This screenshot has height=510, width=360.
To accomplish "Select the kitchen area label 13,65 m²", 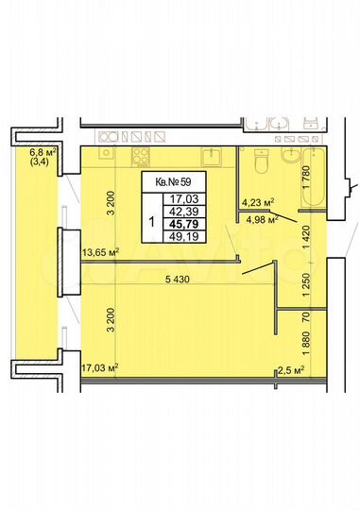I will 101,252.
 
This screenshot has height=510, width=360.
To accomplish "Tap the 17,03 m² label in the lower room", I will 98,368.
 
